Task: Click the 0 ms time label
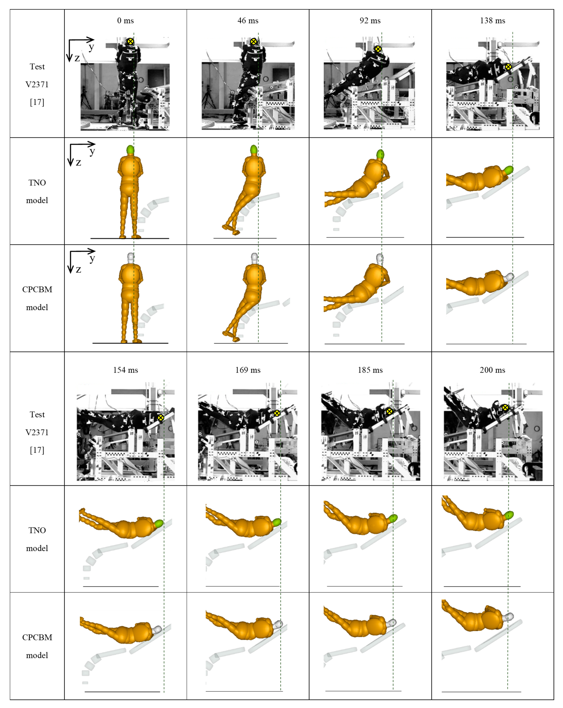125,21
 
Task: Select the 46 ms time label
248,21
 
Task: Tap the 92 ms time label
370,21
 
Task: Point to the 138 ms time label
492,21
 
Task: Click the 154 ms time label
125,370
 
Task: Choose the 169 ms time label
248,370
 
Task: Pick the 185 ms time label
370,370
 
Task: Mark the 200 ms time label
492,370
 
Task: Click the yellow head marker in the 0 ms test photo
130,41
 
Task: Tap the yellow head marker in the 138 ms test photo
508,67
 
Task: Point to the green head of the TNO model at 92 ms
380,154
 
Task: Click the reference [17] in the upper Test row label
37,102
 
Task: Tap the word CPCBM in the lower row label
37,637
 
